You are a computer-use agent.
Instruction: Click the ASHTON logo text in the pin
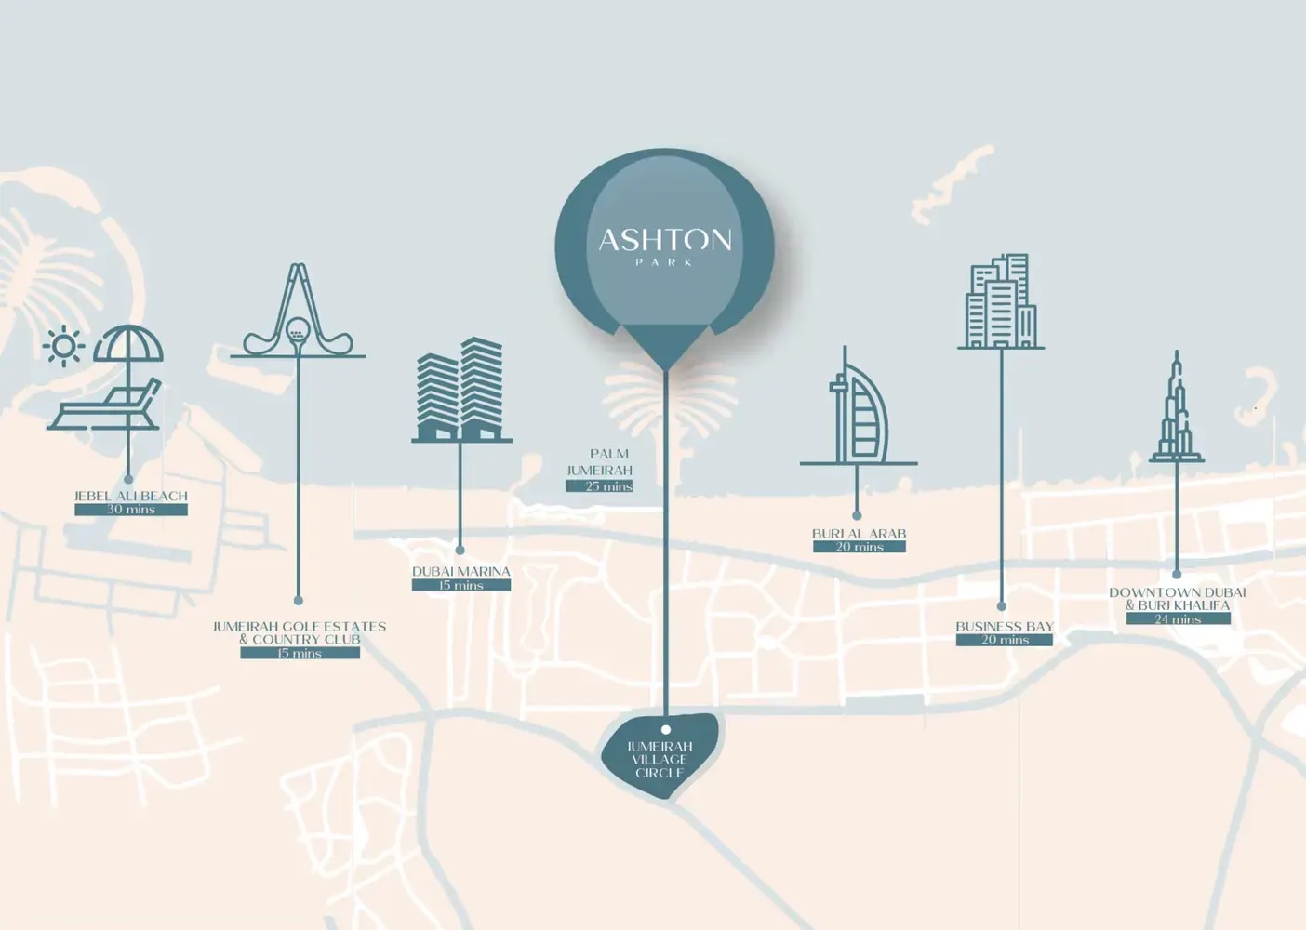(x=664, y=241)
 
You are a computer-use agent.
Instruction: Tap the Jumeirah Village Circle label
(x=660, y=760)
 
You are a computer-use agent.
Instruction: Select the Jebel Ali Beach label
(x=131, y=496)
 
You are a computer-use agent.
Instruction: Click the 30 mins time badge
(x=131, y=510)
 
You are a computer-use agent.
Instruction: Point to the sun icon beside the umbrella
(x=63, y=347)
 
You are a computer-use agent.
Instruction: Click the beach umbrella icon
(x=128, y=345)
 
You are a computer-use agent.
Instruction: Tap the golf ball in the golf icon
(x=297, y=328)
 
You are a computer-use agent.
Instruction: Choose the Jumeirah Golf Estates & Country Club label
(x=300, y=632)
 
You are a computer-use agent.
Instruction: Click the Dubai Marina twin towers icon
(x=461, y=390)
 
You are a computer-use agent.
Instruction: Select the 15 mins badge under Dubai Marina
(x=461, y=585)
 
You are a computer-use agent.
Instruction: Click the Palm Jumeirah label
(x=601, y=462)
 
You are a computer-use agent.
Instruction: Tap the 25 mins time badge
(x=600, y=486)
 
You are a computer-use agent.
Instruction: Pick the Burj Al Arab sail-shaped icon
(x=860, y=413)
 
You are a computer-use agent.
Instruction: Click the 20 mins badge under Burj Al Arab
(x=860, y=547)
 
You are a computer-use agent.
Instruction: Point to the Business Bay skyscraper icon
(x=1001, y=301)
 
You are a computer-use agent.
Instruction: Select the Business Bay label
(x=1005, y=626)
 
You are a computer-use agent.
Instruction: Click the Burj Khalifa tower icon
(x=1177, y=409)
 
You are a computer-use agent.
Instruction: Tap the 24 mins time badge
(x=1179, y=618)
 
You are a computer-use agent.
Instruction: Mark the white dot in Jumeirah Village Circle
(x=666, y=730)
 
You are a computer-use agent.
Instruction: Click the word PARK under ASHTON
(x=664, y=262)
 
